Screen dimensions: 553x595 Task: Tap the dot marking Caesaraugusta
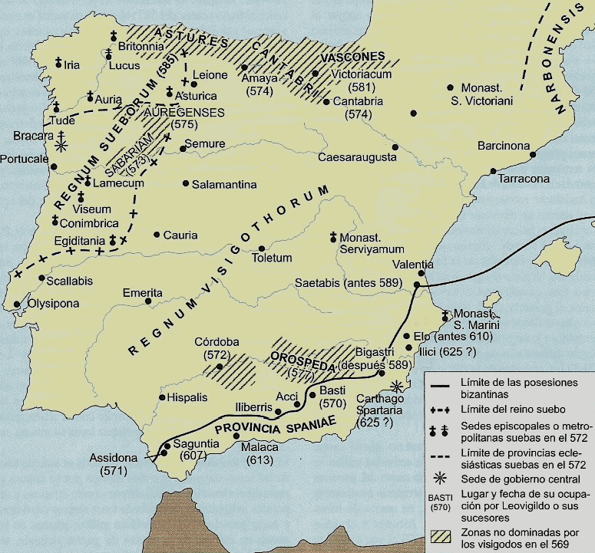coord(395,147)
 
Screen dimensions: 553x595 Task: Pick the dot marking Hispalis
coord(161,397)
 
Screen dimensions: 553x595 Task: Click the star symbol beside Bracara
coord(61,144)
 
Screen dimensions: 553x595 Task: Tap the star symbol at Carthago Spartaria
coord(396,386)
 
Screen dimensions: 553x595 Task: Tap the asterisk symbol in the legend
coord(444,479)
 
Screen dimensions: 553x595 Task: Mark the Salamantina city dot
coord(186,183)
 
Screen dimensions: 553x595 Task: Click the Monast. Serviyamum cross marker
coord(333,238)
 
